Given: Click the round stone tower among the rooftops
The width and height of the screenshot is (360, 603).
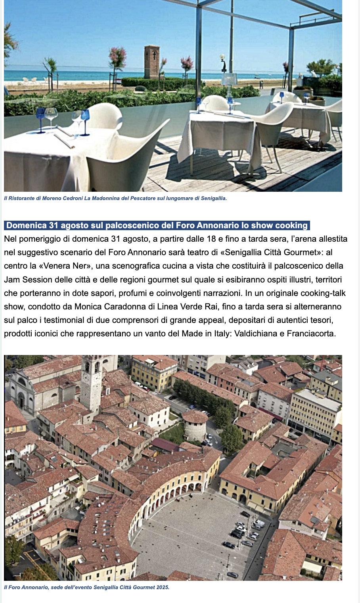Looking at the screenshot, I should tap(195, 425).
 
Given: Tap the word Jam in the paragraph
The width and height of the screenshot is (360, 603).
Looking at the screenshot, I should tap(11, 280).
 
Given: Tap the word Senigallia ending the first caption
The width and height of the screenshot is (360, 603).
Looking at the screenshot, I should tap(214, 198).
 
